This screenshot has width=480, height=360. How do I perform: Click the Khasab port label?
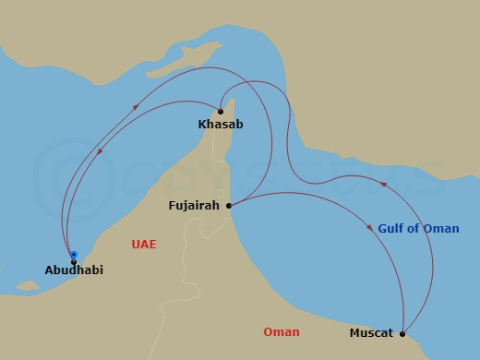click(221, 124)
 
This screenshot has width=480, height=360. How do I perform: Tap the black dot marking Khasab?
click(221, 112)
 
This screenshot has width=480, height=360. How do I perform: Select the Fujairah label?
click(194, 206)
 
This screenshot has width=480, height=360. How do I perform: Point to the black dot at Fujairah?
click(229, 205)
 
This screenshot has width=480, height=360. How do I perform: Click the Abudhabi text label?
click(74, 270)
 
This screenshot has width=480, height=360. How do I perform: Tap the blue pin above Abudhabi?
click(74, 255)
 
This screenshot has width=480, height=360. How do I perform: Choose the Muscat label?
click(371, 333)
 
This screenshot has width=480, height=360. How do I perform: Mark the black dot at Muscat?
click(402, 333)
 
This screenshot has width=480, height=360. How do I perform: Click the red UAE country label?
click(144, 245)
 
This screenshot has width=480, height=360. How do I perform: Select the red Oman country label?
click(282, 332)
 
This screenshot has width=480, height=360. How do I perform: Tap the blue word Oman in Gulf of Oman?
click(441, 229)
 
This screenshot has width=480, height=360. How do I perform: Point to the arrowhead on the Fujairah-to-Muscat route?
click(380, 227)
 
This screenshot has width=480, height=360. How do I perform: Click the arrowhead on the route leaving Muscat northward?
click(384, 187)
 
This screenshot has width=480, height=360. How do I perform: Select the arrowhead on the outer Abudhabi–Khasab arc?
click(137, 107)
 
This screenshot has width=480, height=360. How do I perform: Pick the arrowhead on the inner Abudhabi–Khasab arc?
click(100, 153)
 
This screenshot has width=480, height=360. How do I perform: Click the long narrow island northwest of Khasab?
click(176, 65)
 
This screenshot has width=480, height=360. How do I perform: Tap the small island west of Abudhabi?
click(28, 285)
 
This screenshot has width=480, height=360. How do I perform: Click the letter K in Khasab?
click(202, 124)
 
